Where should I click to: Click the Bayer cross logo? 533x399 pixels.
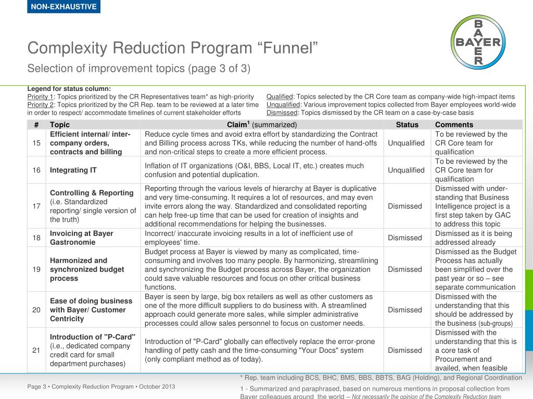click(x=478, y=42)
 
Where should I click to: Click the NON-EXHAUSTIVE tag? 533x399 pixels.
click(x=64, y=7)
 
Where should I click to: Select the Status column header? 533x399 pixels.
click(x=407, y=125)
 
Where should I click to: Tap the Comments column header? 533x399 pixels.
click(x=454, y=125)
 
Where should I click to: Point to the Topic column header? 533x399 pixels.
click(x=60, y=125)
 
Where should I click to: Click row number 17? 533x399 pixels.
click(x=36, y=206)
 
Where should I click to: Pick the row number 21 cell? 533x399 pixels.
click(x=36, y=350)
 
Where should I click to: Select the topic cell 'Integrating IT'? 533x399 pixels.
click(x=73, y=170)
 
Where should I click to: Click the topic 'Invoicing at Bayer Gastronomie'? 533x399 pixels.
click(x=82, y=238)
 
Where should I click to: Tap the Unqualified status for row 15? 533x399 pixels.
click(x=407, y=143)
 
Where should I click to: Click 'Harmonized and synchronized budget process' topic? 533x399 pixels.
click(x=87, y=269)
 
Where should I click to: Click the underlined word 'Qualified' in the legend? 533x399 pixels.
click(x=280, y=97)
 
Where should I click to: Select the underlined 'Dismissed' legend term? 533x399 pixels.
click(x=282, y=112)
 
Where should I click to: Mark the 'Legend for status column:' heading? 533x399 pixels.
click(x=69, y=88)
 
